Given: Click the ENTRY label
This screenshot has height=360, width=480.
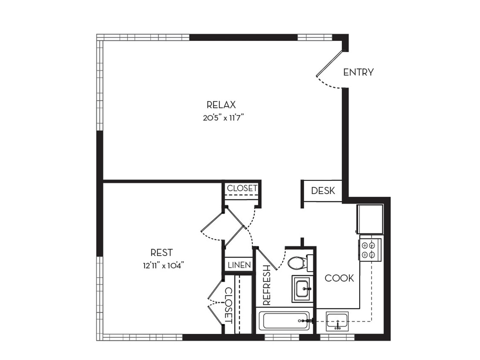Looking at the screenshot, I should (x=358, y=73).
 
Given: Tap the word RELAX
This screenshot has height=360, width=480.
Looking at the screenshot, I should (x=221, y=105).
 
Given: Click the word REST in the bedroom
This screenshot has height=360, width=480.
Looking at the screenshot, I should (x=161, y=253).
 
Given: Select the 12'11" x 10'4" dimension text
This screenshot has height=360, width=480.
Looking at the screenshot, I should (x=163, y=265).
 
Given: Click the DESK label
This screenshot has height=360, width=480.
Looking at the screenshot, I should (x=323, y=191).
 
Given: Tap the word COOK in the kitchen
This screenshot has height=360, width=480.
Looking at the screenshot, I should (x=339, y=278).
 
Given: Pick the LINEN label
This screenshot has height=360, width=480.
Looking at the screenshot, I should (x=239, y=265).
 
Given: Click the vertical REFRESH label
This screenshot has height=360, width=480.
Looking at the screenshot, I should (x=267, y=285).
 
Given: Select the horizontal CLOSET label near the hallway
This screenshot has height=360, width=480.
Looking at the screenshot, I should (x=242, y=188).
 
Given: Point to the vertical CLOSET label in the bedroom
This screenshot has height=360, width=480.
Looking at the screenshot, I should (x=228, y=305).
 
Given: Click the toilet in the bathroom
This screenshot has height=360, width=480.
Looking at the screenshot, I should (x=297, y=263).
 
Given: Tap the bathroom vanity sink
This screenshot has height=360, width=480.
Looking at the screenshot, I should (x=304, y=289).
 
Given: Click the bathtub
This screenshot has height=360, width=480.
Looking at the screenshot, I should (x=284, y=320).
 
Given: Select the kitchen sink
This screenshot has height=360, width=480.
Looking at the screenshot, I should (x=337, y=321).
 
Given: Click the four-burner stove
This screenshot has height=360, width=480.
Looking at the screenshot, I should (x=369, y=250).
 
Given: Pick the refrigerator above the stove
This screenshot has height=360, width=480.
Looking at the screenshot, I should (x=370, y=219).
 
